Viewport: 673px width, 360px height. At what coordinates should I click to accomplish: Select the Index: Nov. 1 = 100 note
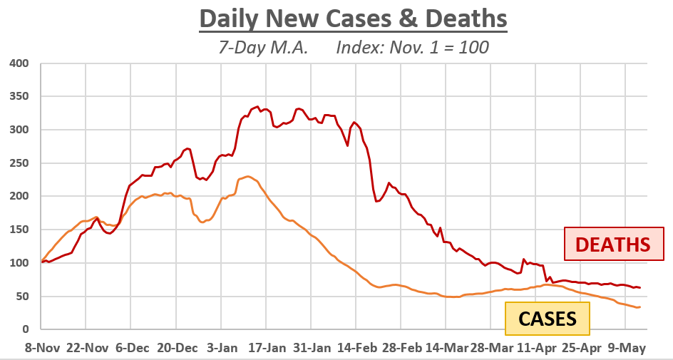pos(413,48)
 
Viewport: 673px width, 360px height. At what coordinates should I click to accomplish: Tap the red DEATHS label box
pos(613,245)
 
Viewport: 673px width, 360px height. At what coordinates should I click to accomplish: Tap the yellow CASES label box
pos(547,319)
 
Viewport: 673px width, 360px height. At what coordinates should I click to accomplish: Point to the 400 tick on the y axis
pos(19,63)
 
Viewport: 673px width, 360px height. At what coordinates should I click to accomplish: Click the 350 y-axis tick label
pos(19,96)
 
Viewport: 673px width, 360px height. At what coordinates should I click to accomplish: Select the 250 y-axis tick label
pos(19,163)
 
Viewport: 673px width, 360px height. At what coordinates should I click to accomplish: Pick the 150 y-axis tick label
pos(19,230)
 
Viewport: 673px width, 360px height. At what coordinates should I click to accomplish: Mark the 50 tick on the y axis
pos(21,296)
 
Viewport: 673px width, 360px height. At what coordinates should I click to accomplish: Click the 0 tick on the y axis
pos(25,329)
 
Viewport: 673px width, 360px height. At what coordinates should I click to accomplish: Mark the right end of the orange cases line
pos(640,307)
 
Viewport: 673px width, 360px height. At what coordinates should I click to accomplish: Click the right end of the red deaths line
pos(640,288)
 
